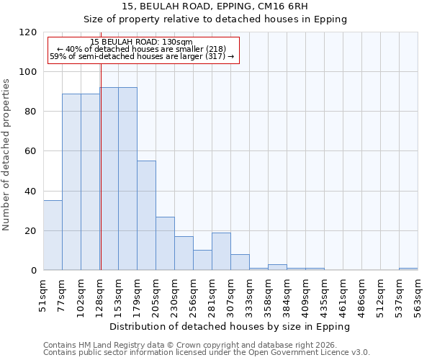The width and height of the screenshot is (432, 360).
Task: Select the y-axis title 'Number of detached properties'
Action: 6,155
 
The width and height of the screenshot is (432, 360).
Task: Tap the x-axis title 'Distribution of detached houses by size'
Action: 230,327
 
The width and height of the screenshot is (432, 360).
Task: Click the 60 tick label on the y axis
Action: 31,151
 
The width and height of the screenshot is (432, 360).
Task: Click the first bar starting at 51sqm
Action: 53,235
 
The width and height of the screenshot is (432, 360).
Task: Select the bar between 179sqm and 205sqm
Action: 146,216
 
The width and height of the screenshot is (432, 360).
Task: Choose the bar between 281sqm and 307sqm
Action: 221,251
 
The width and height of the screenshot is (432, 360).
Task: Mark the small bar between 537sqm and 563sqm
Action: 408,269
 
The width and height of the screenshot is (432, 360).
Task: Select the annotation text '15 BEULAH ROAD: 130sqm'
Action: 142,42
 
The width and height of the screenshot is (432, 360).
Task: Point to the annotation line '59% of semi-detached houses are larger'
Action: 142,56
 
